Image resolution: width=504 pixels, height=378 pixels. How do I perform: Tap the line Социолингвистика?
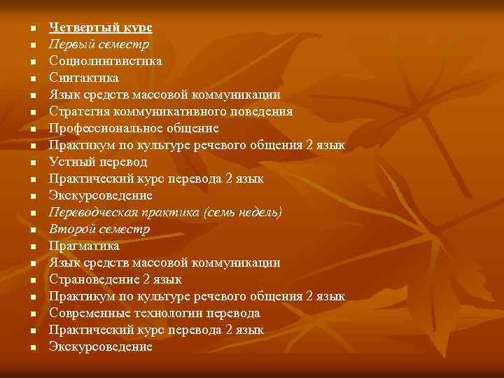tap(105, 61)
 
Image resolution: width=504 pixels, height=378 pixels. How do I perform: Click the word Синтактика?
tap(83, 78)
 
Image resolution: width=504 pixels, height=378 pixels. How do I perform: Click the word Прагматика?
tap(84, 246)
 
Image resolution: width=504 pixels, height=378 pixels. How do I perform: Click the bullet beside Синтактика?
tap(32, 78)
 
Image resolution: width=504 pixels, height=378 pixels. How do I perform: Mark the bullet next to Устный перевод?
tap(32, 162)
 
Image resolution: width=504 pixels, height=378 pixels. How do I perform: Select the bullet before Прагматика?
tap(32, 246)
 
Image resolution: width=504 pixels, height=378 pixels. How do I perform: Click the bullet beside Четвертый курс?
tap(32, 28)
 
